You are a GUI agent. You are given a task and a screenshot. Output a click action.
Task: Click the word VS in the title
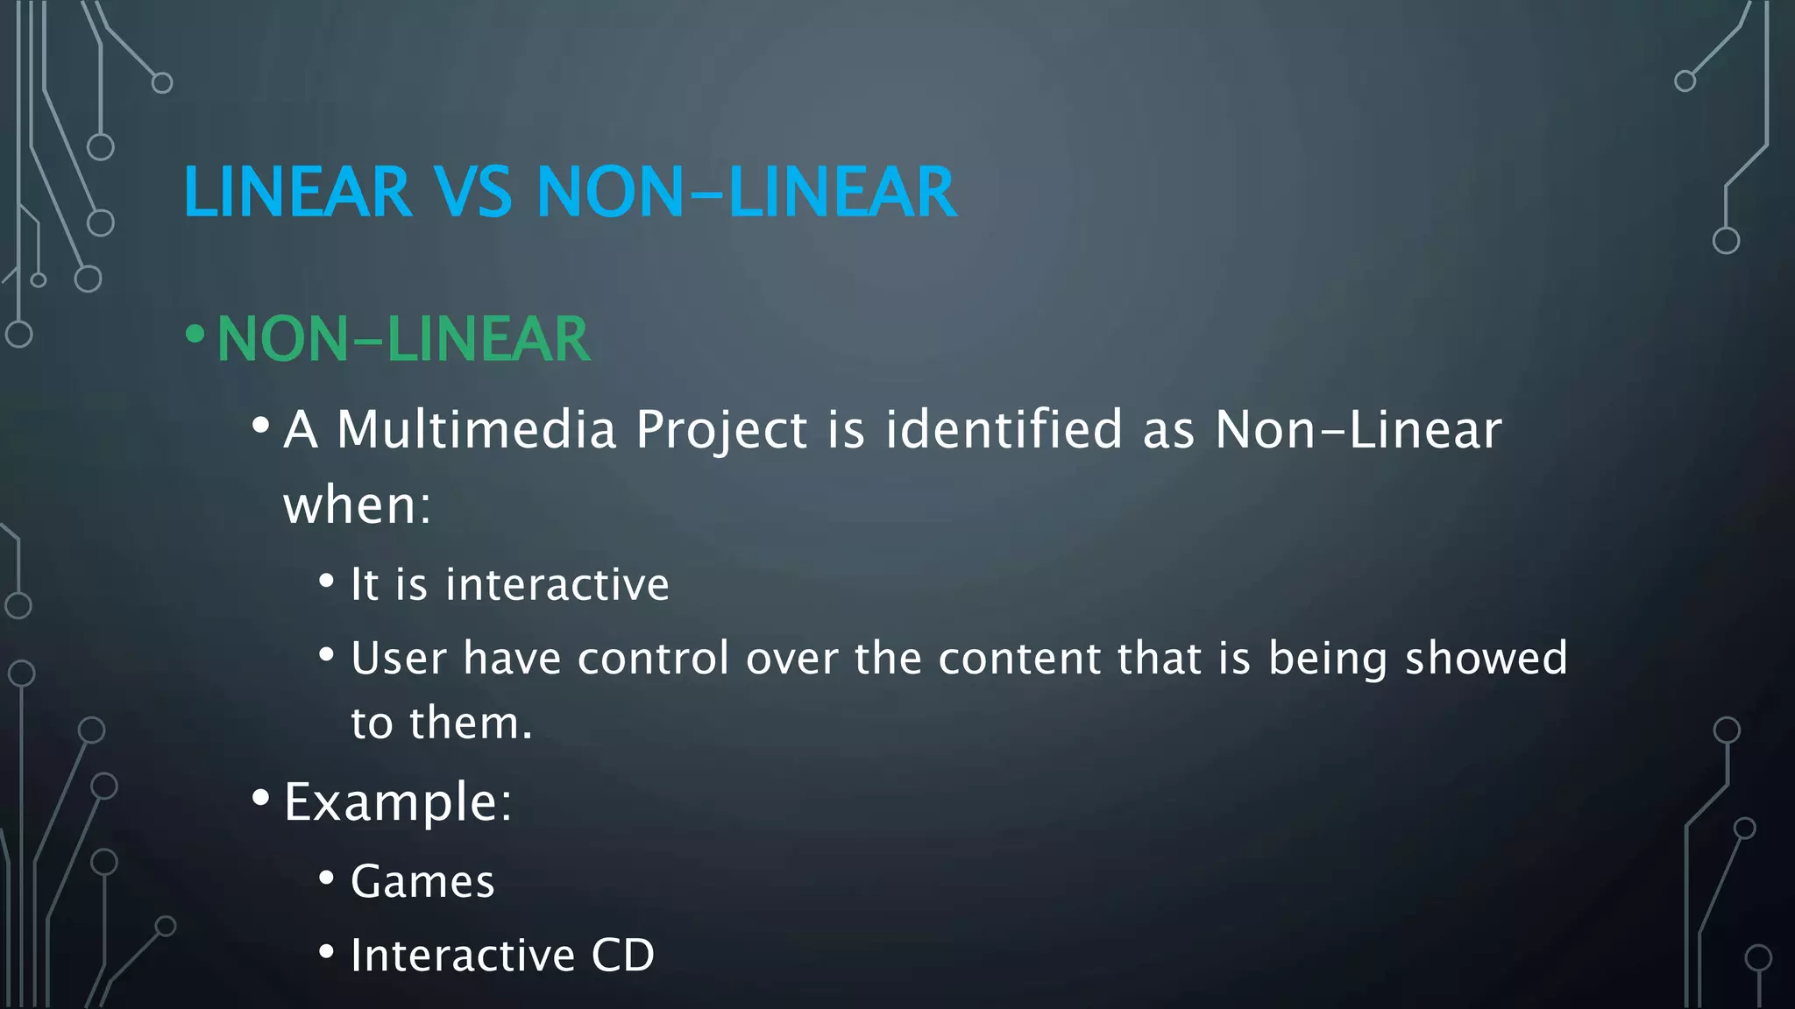click(473, 193)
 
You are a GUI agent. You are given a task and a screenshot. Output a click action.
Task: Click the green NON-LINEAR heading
click(403, 340)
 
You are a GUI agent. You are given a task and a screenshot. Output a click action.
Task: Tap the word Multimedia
click(477, 430)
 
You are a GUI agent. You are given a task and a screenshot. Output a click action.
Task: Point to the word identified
click(1004, 430)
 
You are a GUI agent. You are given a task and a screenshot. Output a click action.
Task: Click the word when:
click(358, 505)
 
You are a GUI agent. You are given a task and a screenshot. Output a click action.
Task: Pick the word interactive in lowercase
click(557, 584)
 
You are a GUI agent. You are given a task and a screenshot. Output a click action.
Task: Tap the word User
click(399, 658)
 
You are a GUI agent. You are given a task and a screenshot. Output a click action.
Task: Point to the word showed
click(1486, 658)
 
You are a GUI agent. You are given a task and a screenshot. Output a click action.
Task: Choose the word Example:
click(398, 802)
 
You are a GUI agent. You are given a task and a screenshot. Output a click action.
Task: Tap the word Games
click(422, 881)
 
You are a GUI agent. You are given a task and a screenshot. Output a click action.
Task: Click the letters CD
click(622, 955)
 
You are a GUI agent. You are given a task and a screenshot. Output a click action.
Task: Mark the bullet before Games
click(327, 878)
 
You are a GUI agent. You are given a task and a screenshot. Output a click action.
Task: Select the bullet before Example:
click(260, 798)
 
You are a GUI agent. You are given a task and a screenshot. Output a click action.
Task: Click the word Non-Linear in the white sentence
click(1359, 430)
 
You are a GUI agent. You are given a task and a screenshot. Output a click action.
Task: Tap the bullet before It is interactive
click(327, 581)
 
